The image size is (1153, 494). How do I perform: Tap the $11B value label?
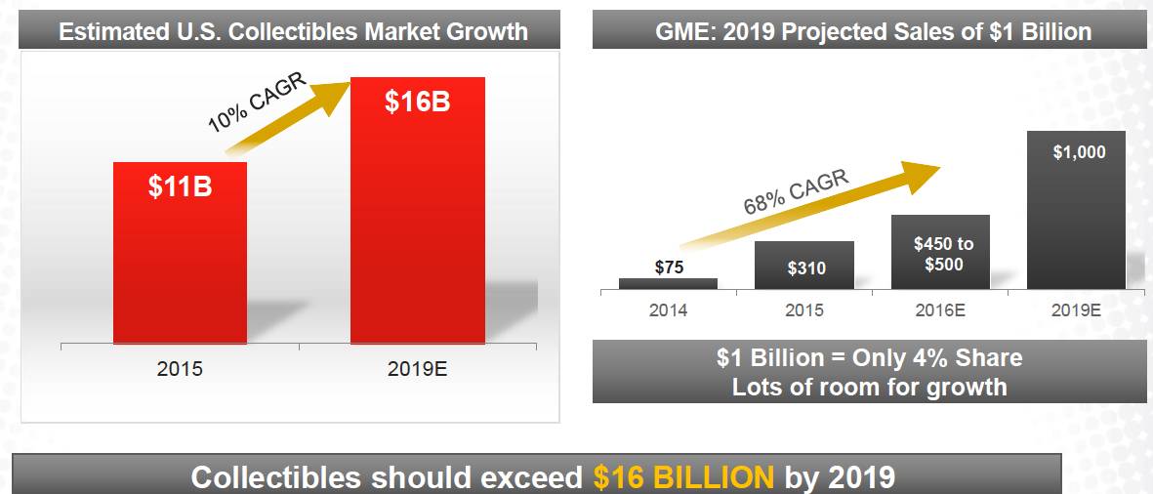180,187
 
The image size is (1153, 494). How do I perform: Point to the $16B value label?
417,102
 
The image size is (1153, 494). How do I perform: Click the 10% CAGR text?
257,103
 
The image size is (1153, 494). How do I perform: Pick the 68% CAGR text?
797,191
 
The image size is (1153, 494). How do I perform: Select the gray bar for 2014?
668,283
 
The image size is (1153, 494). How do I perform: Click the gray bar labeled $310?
804,266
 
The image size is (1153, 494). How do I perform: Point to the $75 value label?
668,267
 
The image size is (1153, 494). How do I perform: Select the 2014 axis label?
668,310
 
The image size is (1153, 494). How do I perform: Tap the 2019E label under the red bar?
417,371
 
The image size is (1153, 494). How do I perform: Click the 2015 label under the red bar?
180,371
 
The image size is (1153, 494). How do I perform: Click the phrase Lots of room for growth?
869,387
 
